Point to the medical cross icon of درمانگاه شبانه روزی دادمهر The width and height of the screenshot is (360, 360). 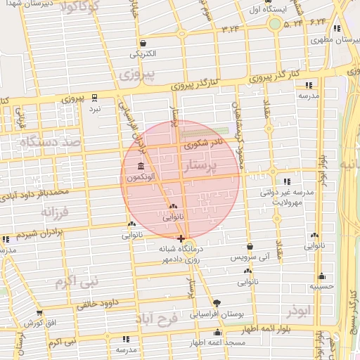181,238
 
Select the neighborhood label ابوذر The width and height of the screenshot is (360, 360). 299,310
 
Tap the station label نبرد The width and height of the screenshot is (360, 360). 94,110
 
